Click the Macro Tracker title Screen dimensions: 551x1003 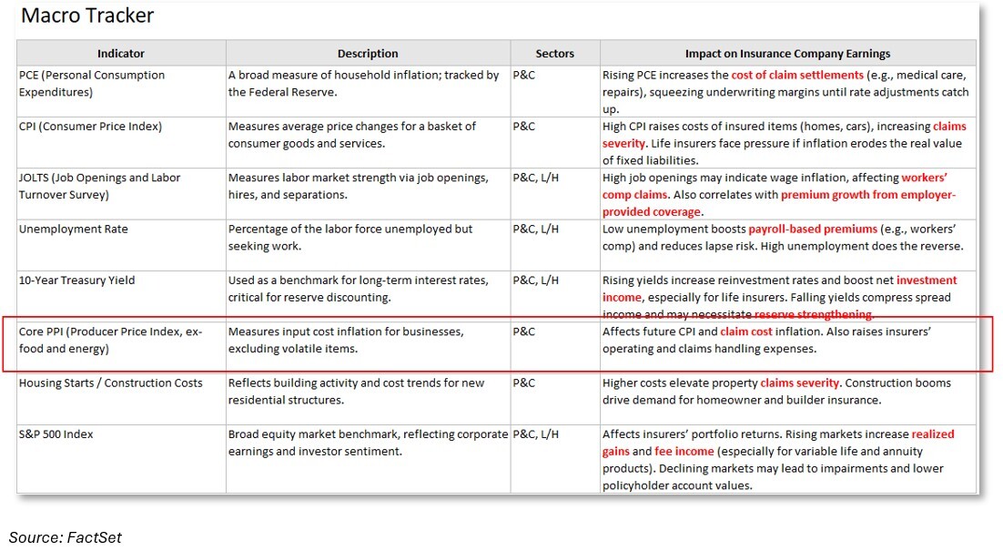[x=87, y=15]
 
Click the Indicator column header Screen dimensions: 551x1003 [x=121, y=54]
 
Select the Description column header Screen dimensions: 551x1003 [x=368, y=54]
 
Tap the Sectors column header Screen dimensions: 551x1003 [x=554, y=54]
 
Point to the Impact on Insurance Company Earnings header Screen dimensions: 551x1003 [x=787, y=54]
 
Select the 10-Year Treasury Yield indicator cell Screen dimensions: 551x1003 [x=76, y=281]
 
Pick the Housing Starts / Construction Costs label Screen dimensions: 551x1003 [x=110, y=383]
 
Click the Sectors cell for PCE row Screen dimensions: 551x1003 [x=524, y=76]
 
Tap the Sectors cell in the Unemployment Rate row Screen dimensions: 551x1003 [x=535, y=230]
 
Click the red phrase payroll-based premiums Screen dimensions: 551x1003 [x=813, y=230]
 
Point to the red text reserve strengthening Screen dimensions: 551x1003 [x=814, y=314]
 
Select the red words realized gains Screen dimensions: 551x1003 [x=932, y=435]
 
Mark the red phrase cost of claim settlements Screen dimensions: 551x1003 [x=797, y=76]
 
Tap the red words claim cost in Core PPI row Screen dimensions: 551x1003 [x=745, y=332]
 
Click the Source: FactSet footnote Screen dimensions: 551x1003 [x=65, y=537]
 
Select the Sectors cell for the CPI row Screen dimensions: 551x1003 [x=524, y=127]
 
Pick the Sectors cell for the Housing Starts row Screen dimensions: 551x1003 [x=524, y=383]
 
